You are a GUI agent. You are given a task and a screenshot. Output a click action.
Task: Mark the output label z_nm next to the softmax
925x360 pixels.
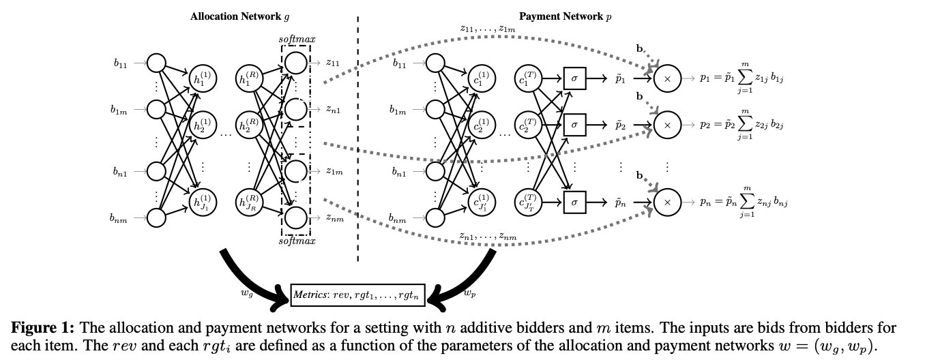[x=334, y=218]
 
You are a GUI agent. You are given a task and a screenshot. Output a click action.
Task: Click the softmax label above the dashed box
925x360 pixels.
[x=295, y=39]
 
